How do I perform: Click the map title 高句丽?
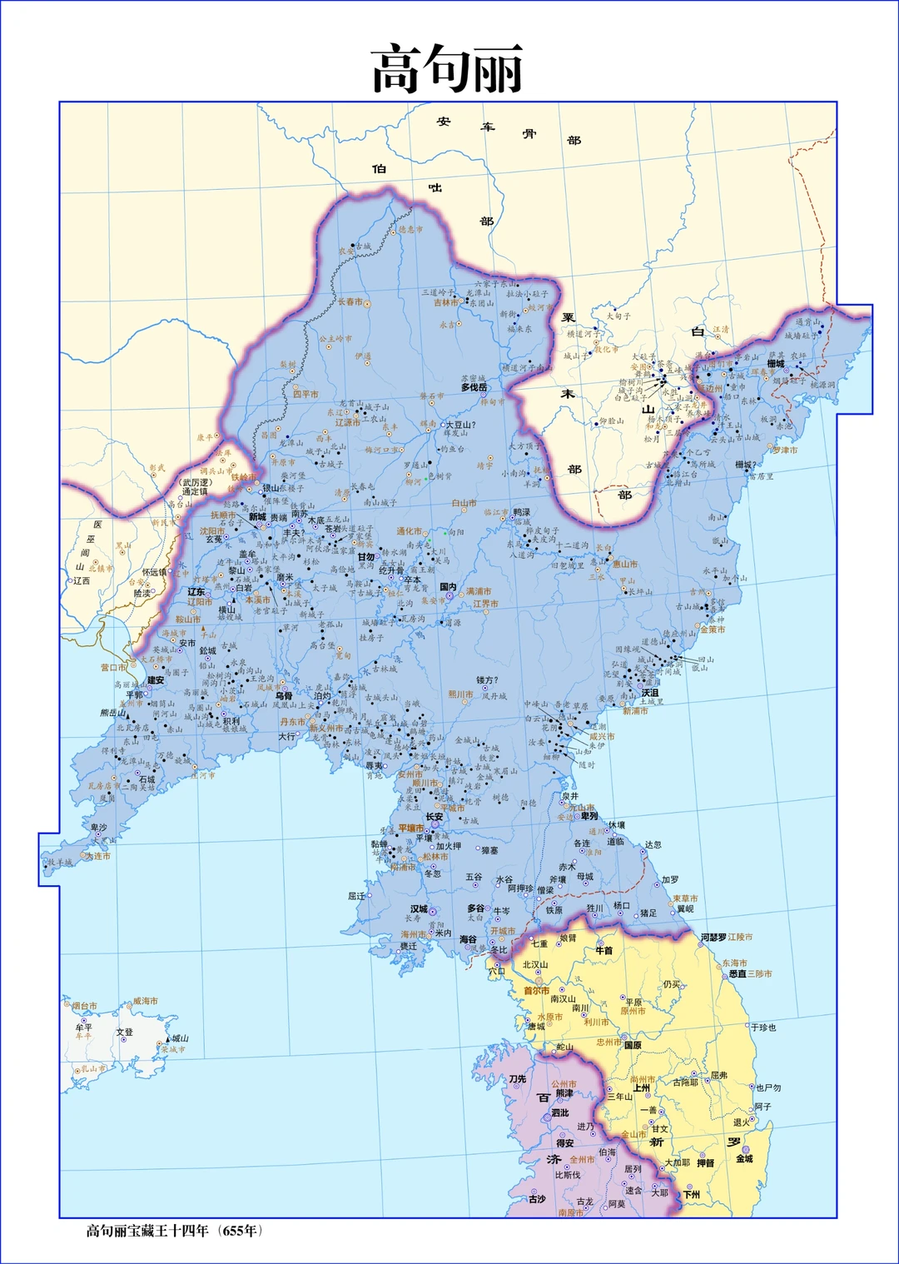point(448,69)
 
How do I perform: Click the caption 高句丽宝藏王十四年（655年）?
point(175,1231)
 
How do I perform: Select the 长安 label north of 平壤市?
point(435,817)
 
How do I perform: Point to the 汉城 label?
point(419,909)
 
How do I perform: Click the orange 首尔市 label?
point(537,991)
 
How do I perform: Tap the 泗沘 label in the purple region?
point(560,1112)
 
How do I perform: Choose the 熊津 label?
point(564,1093)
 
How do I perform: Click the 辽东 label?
point(196,592)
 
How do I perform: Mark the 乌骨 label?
point(284,696)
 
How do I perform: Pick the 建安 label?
point(156,680)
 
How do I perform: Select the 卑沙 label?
point(99,828)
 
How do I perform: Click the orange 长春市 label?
point(350,302)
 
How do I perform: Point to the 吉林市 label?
point(446,303)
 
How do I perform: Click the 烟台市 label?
point(84,1006)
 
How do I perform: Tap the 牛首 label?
point(604,950)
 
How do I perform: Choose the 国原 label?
point(633,1045)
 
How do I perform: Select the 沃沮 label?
point(650,693)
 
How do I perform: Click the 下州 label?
point(692,1194)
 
